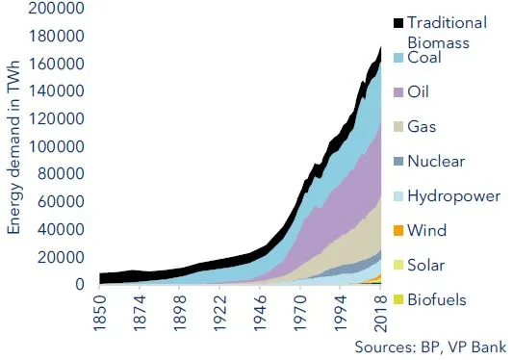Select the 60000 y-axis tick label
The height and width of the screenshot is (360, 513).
click(64, 202)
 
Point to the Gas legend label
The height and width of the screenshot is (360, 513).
click(425, 127)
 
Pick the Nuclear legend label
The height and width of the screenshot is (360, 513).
click(438, 162)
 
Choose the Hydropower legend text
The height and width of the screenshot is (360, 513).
click(453, 196)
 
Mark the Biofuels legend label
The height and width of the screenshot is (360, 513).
click(436, 299)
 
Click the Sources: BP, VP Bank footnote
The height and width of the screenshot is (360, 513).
click(430, 345)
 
